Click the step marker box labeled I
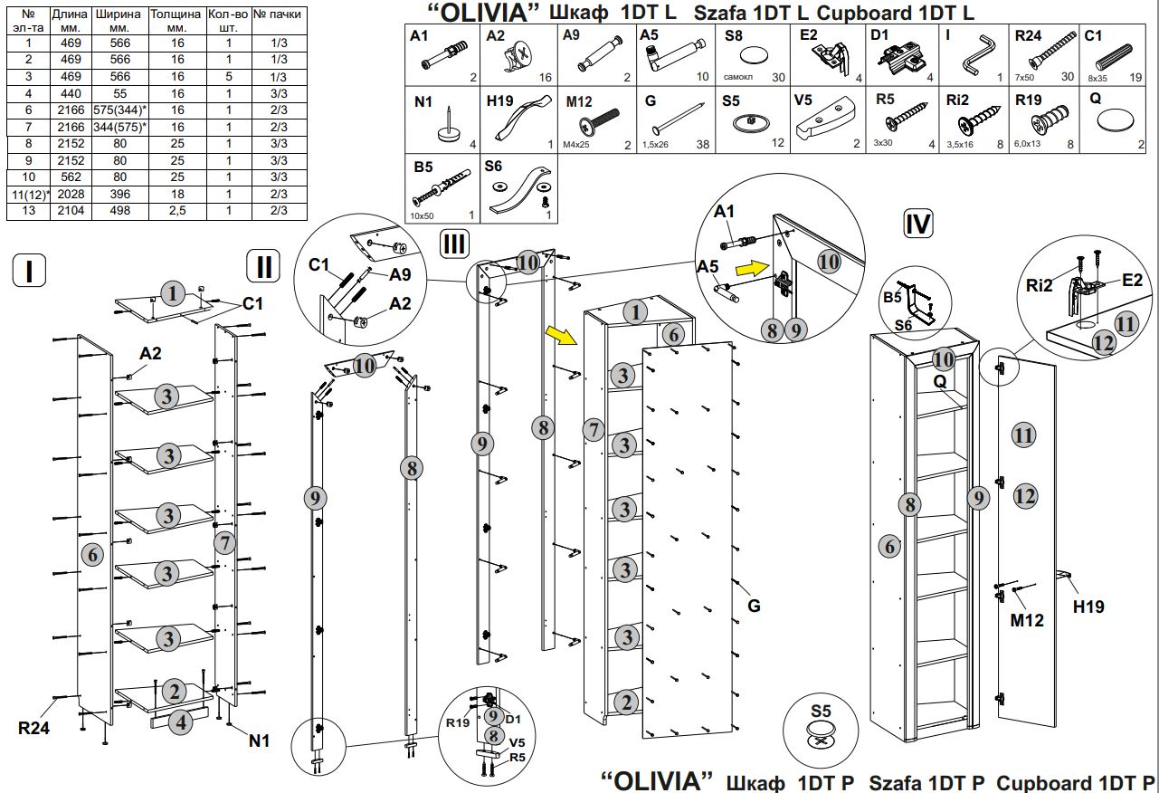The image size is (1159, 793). [30, 270]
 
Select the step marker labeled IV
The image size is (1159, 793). [917, 223]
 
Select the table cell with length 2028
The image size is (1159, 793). [63, 194]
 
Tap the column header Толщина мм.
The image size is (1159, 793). [176, 22]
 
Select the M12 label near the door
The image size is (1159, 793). [1027, 620]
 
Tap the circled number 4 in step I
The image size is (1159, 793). [181, 722]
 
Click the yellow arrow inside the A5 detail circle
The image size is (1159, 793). [749, 268]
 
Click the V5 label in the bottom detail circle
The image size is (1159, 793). [517, 742]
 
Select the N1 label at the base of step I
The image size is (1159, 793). [260, 740]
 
